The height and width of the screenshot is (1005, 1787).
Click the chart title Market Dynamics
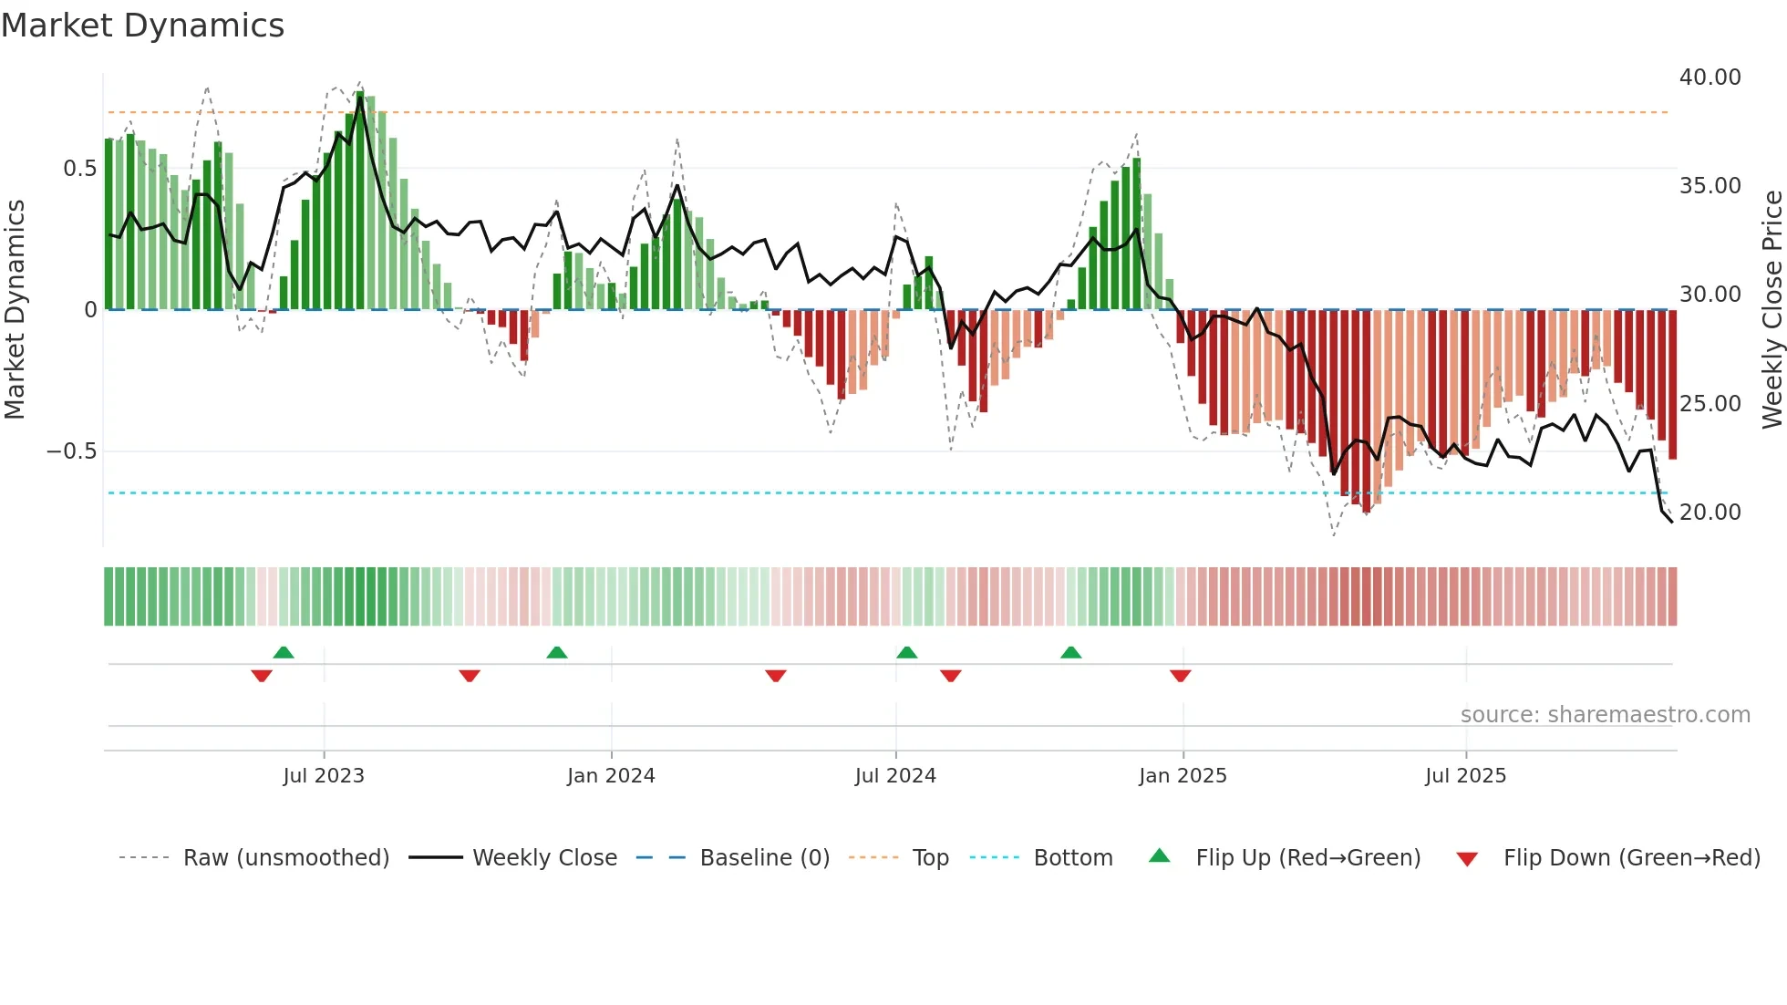click(x=142, y=26)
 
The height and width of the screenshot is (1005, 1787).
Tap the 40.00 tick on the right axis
click(x=1710, y=78)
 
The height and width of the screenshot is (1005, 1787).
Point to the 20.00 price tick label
click(x=1710, y=513)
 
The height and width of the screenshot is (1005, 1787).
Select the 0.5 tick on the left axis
click(x=80, y=169)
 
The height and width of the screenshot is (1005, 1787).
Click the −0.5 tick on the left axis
click(x=72, y=451)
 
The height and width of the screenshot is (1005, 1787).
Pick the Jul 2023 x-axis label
click(x=324, y=776)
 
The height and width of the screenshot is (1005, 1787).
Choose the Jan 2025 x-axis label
click(x=1183, y=776)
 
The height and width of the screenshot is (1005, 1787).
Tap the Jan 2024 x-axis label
click(x=611, y=776)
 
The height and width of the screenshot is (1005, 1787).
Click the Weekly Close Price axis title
click(x=1772, y=309)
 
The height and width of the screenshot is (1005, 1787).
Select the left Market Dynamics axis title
click(x=15, y=309)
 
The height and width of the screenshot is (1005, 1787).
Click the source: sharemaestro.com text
click(x=1605, y=715)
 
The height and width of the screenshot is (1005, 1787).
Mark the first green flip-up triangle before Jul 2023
click(x=284, y=652)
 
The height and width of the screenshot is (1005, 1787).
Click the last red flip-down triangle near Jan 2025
click(x=1181, y=676)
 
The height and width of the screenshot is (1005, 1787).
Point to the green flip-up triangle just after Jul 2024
click(x=906, y=652)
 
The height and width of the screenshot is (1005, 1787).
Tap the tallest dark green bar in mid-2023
click(x=360, y=201)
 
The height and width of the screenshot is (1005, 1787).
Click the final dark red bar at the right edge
click(x=1672, y=383)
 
